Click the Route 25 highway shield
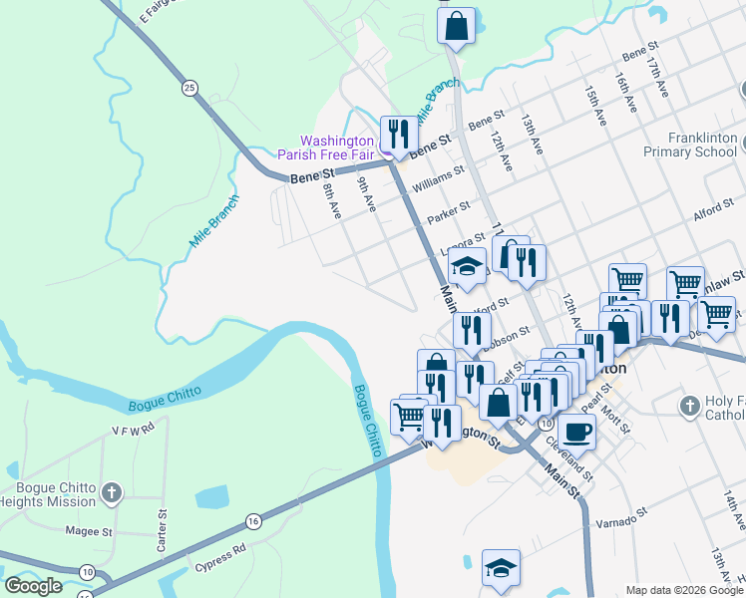(189, 89)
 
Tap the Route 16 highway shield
(252, 520)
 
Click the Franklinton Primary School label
(689, 146)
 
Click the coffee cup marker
(576, 431)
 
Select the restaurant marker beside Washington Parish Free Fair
(399, 134)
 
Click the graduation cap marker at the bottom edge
(501, 568)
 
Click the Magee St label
(89, 532)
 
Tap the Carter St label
(161, 529)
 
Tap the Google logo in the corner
(34, 586)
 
